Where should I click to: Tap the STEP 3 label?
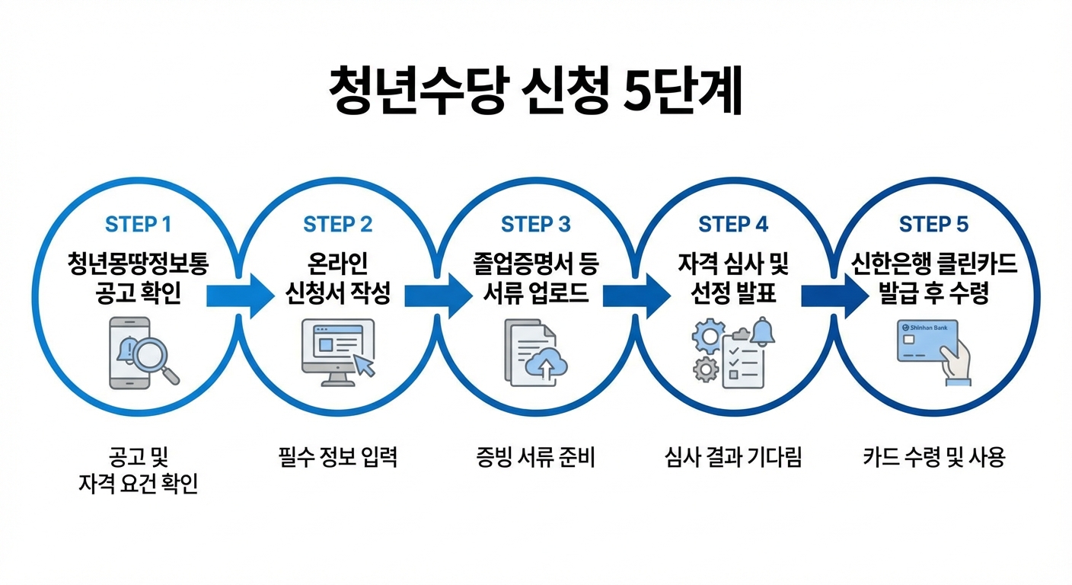coord(535,225)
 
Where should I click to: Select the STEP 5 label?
coord(933,225)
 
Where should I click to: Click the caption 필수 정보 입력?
coord(337,458)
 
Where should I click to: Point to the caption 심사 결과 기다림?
coord(733,458)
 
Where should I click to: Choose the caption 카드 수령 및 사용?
coord(934,458)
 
